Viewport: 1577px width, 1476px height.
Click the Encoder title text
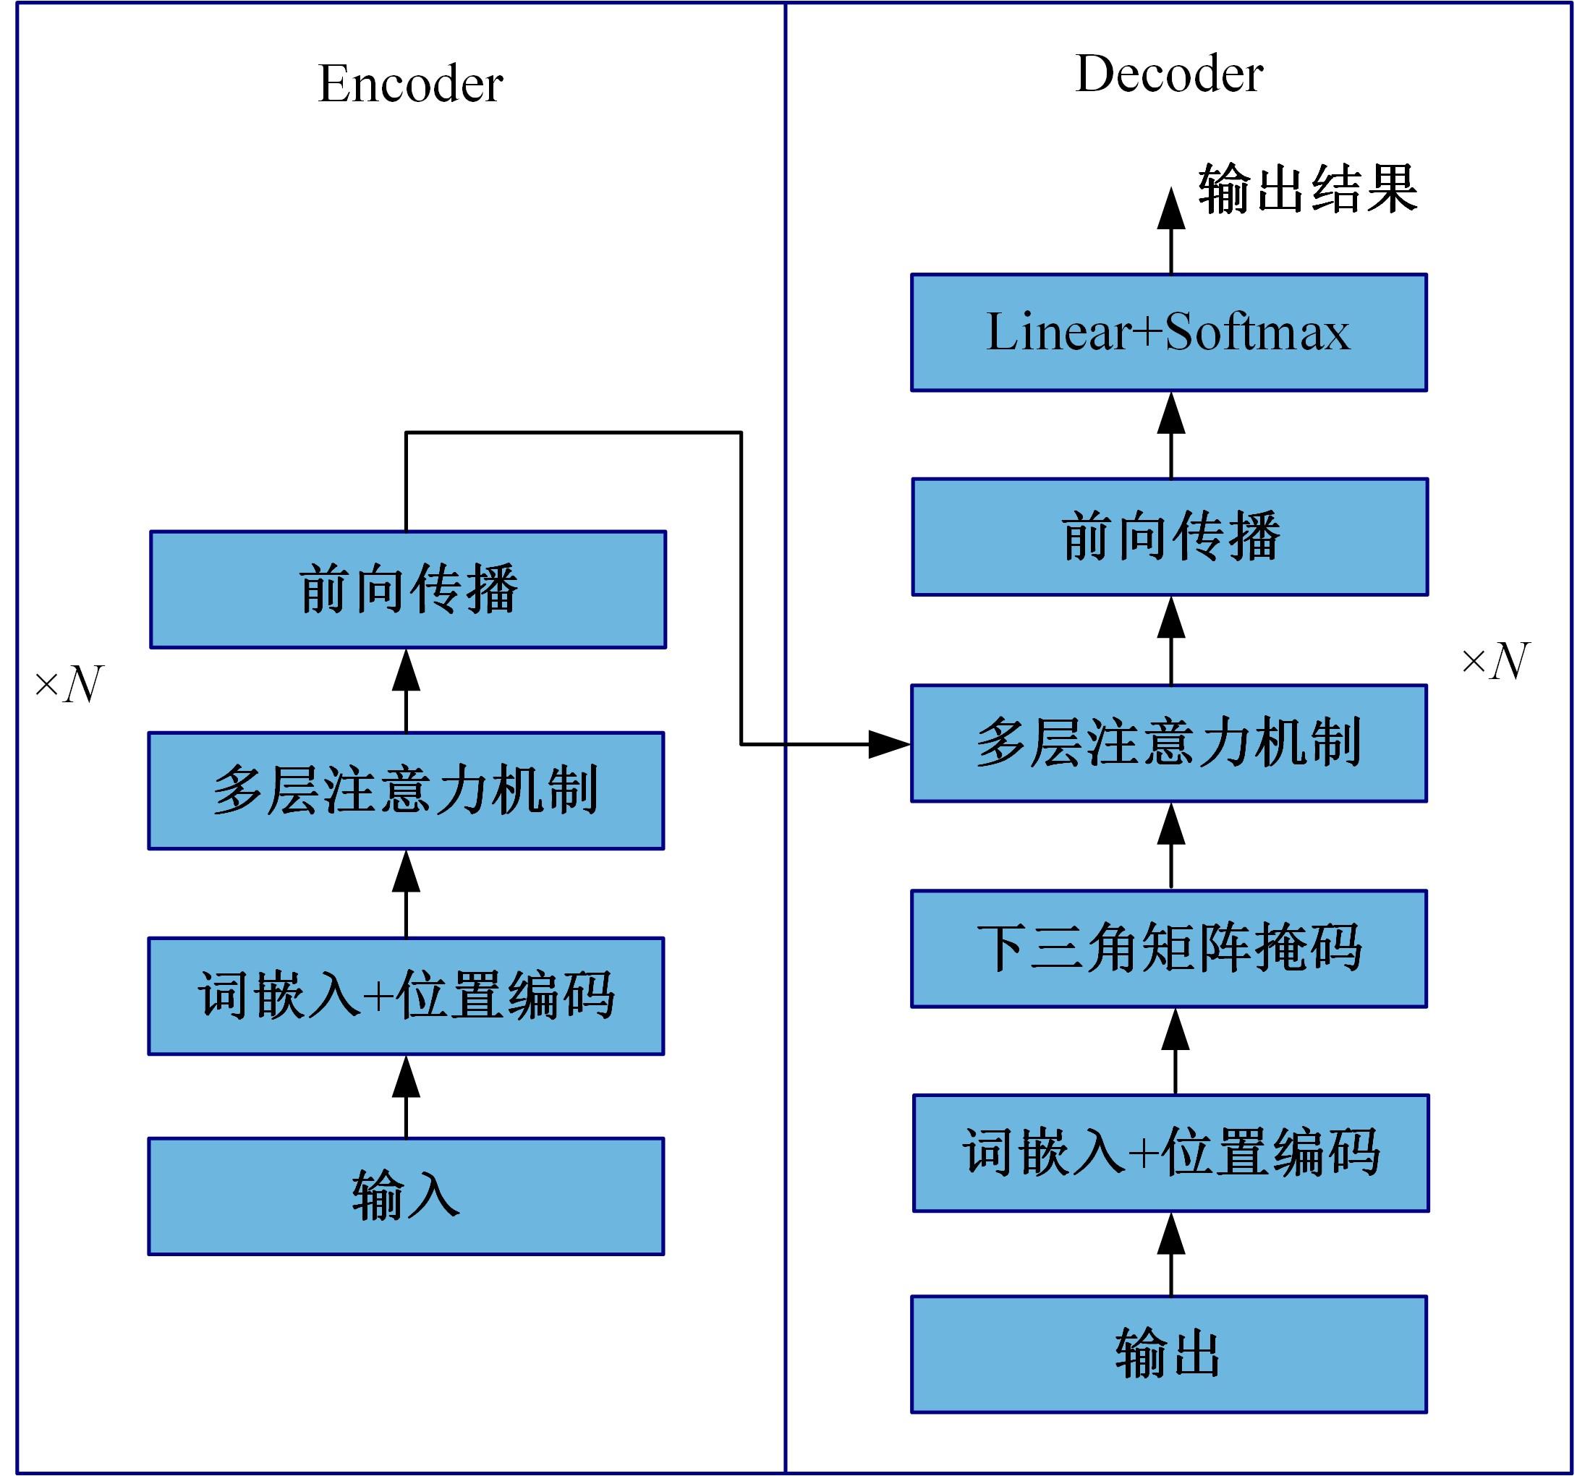(x=410, y=83)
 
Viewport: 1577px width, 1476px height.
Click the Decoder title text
(x=1168, y=74)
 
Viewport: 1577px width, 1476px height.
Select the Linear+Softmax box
(x=1168, y=333)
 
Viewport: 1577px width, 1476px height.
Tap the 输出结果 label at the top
(x=1307, y=189)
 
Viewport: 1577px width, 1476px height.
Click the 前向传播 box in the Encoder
(x=408, y=589)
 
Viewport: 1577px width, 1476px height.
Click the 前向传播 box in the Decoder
(x=1170, y=536)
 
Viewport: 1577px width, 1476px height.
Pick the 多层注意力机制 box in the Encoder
(x=406, y=790)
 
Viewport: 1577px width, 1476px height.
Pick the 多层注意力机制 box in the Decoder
(x=1168, y=743)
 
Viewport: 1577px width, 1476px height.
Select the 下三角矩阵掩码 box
(x=1168, y=949)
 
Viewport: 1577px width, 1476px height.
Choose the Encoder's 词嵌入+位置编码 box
(x=406, y=996)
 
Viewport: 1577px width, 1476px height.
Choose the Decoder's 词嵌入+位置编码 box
(x=1171, y=1153)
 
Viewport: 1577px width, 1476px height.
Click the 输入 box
(x=406, y=1197)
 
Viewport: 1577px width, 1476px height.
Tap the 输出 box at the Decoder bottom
(x=1168, y=1355)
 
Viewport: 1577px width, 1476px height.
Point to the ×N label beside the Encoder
(x=69, y=683)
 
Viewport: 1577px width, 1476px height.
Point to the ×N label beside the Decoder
(x=1495, y=661)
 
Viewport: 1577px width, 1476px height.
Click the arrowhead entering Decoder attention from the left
(x=888, y=745)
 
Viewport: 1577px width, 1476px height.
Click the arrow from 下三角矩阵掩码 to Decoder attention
(x=1171, y=845)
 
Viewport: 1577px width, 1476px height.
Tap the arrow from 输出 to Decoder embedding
(x=1171, y=1255)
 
